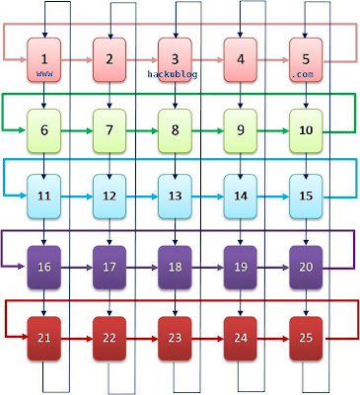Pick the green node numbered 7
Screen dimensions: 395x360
click(109, 131)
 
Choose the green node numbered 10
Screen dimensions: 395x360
click(306, 131)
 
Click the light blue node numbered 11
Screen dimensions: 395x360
click(43, 196)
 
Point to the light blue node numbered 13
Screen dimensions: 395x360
click(175, 196)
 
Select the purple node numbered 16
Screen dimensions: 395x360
click(43, 267)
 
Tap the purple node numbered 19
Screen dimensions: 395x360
click(241, 267)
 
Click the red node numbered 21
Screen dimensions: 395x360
click(43, 339)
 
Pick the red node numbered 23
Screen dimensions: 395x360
click(175, 339)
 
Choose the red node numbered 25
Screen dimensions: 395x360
click(306, 339)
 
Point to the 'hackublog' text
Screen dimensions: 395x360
click(175, 74)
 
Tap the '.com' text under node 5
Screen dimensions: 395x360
click(306, 75)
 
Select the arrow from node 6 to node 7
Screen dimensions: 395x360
click(77, 130)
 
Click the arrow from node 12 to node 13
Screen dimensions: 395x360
click(142, 197)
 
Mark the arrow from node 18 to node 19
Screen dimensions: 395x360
click(208, 267)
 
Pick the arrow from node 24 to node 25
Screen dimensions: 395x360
click(273, 339)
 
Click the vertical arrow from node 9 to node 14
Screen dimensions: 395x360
click(241, 163)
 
